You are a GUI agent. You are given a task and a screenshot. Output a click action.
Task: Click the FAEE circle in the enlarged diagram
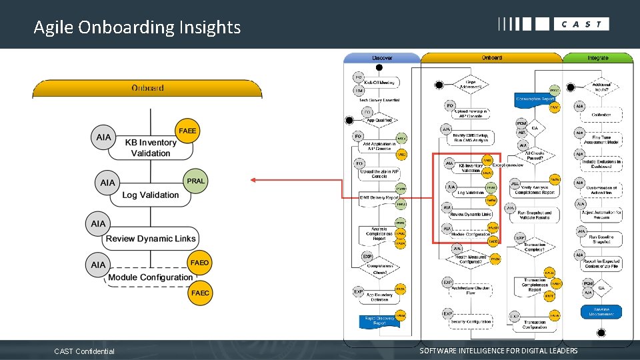click(187, 131)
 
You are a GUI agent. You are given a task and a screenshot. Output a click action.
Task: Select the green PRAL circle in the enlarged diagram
click(196, 181)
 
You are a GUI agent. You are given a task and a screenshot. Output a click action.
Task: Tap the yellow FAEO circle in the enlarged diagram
click(199, 263)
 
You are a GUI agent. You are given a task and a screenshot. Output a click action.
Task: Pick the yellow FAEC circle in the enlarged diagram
click(199, 293)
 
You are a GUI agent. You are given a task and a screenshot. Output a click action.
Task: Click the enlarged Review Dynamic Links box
click(151, 238)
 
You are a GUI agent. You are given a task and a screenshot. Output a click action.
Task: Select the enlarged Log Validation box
click(151, 195)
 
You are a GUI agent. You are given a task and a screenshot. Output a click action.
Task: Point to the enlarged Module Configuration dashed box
click(150, 277)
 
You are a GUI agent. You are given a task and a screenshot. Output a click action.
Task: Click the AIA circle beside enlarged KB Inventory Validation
click(104, 137)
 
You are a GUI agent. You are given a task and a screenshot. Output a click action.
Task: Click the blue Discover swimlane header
click(382, 58)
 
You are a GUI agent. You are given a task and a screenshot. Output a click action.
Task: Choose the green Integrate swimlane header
click(597, 58)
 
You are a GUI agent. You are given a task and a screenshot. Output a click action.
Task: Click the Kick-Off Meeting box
click(379, 83)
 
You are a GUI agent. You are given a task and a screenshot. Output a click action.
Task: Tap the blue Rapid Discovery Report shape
click(379, 320)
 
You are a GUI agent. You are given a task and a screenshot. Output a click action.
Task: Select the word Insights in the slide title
click(209, 27)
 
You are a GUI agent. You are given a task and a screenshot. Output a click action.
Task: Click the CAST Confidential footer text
click(84, 351)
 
